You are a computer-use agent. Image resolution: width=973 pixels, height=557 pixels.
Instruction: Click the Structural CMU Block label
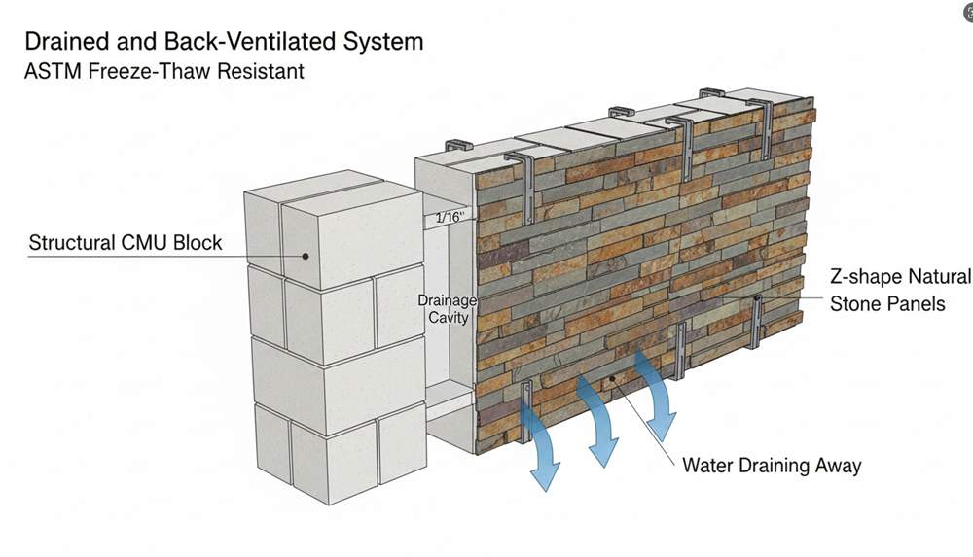click(x=126, y=242)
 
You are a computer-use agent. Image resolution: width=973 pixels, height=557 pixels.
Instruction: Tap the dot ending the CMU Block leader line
click(x=306, y=256)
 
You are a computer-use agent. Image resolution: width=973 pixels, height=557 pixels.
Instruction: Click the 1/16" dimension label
click(x=450, y=217)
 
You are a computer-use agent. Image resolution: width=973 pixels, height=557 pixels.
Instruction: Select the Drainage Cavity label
click(x=448, y=309)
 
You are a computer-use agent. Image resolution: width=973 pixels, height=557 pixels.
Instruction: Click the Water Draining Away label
click(x=772, y=466)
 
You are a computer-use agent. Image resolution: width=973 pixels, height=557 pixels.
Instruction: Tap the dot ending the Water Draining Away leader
click(x=612, y=378)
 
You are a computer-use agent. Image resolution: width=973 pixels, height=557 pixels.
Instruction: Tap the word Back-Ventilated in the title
click(x=251, y=42)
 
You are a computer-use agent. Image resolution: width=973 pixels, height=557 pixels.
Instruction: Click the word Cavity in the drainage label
click(x=448, y=318)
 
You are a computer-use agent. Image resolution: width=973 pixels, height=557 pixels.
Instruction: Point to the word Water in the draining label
click(x=707, y=466)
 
